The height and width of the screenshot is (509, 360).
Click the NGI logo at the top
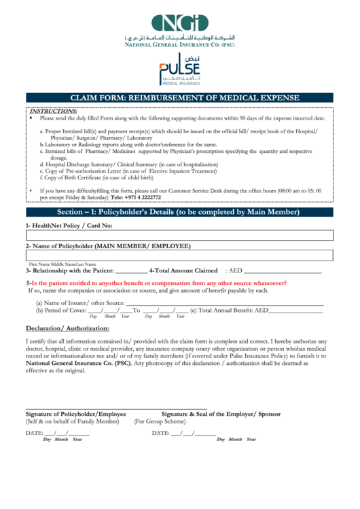pyautogui.click(x=180, y=24)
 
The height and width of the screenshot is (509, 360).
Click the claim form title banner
pyautogui.click(x=180, y=97)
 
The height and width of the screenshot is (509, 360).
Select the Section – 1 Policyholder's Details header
pyautogui.click(x=180, y=212)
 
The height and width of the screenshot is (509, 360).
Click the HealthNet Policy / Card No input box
pyautogui.click(x=180, y=235)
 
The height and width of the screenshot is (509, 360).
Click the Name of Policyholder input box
pyautogui.click(x=180, y=256)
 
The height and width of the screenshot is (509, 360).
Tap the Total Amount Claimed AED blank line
pyautogui.click(x=286, y=271)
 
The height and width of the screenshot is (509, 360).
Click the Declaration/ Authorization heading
pyautogui.click(x=67, y=328)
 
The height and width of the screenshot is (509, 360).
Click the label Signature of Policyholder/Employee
pyautogui.click(x=76, y=414)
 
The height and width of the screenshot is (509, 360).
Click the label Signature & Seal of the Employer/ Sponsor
pyautogui.click(x=221, y=414)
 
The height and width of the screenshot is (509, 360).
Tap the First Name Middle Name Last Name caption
pyautogui.click(x=62, y=264)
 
